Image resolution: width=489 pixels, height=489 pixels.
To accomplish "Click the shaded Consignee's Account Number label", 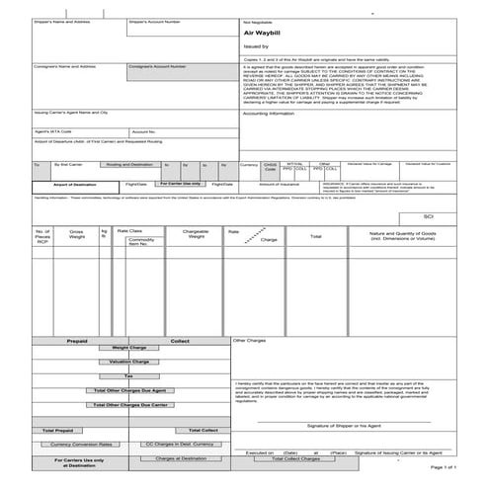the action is tap(156, 66).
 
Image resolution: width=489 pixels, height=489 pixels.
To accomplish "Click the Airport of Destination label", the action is tap(74, 184).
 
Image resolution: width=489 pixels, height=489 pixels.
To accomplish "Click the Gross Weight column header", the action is tap(76, 235).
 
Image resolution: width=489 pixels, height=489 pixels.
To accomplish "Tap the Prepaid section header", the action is tap(77, 341).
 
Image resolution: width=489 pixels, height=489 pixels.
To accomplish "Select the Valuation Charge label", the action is tap(128, 362).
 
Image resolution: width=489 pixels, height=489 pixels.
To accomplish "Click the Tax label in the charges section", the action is tap(128, 375).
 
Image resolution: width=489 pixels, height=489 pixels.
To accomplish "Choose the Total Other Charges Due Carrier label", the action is tap(128, 405).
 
